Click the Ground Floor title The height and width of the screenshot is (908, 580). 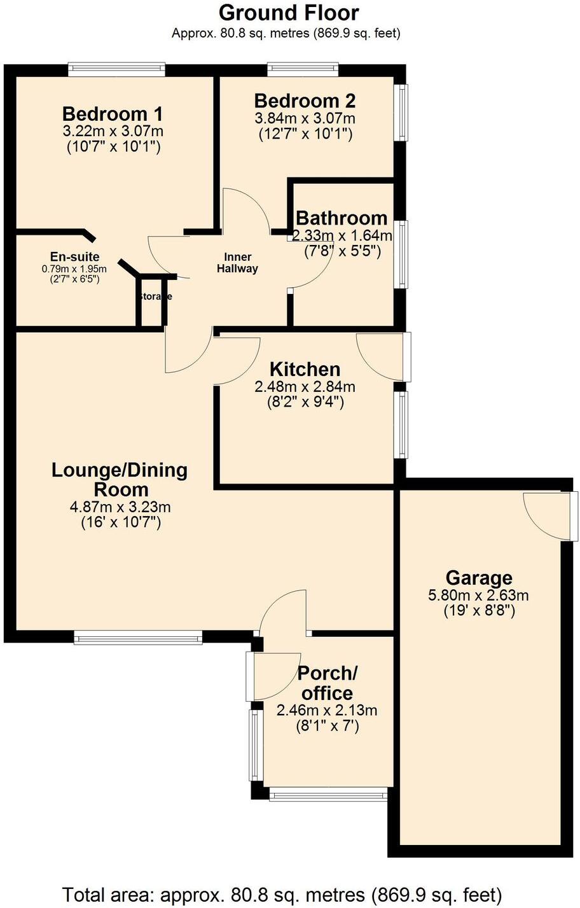[289, 13]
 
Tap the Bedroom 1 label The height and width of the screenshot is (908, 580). [113, 115]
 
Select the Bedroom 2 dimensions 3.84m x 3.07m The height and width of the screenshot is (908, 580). [305, 118]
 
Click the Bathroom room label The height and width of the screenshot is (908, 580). [342, 218]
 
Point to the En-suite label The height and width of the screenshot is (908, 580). [75, 257]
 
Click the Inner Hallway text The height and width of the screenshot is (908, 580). [237, 263]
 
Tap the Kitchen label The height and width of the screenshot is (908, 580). [305, 369]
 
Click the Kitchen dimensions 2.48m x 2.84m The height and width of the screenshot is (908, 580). [305, 386]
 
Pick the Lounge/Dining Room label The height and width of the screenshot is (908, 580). [120, 480]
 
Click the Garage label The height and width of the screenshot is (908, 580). [479, 578]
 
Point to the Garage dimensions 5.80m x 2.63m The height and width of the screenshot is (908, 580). [479, 596]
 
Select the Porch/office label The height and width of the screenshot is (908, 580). [328, 683]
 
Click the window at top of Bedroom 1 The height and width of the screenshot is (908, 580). [116, 69]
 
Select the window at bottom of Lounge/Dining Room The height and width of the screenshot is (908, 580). [138, 637]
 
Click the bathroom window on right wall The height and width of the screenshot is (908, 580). [402, 254]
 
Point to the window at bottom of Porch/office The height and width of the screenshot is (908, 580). [328, 793]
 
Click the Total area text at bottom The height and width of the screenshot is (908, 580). [282, 894]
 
